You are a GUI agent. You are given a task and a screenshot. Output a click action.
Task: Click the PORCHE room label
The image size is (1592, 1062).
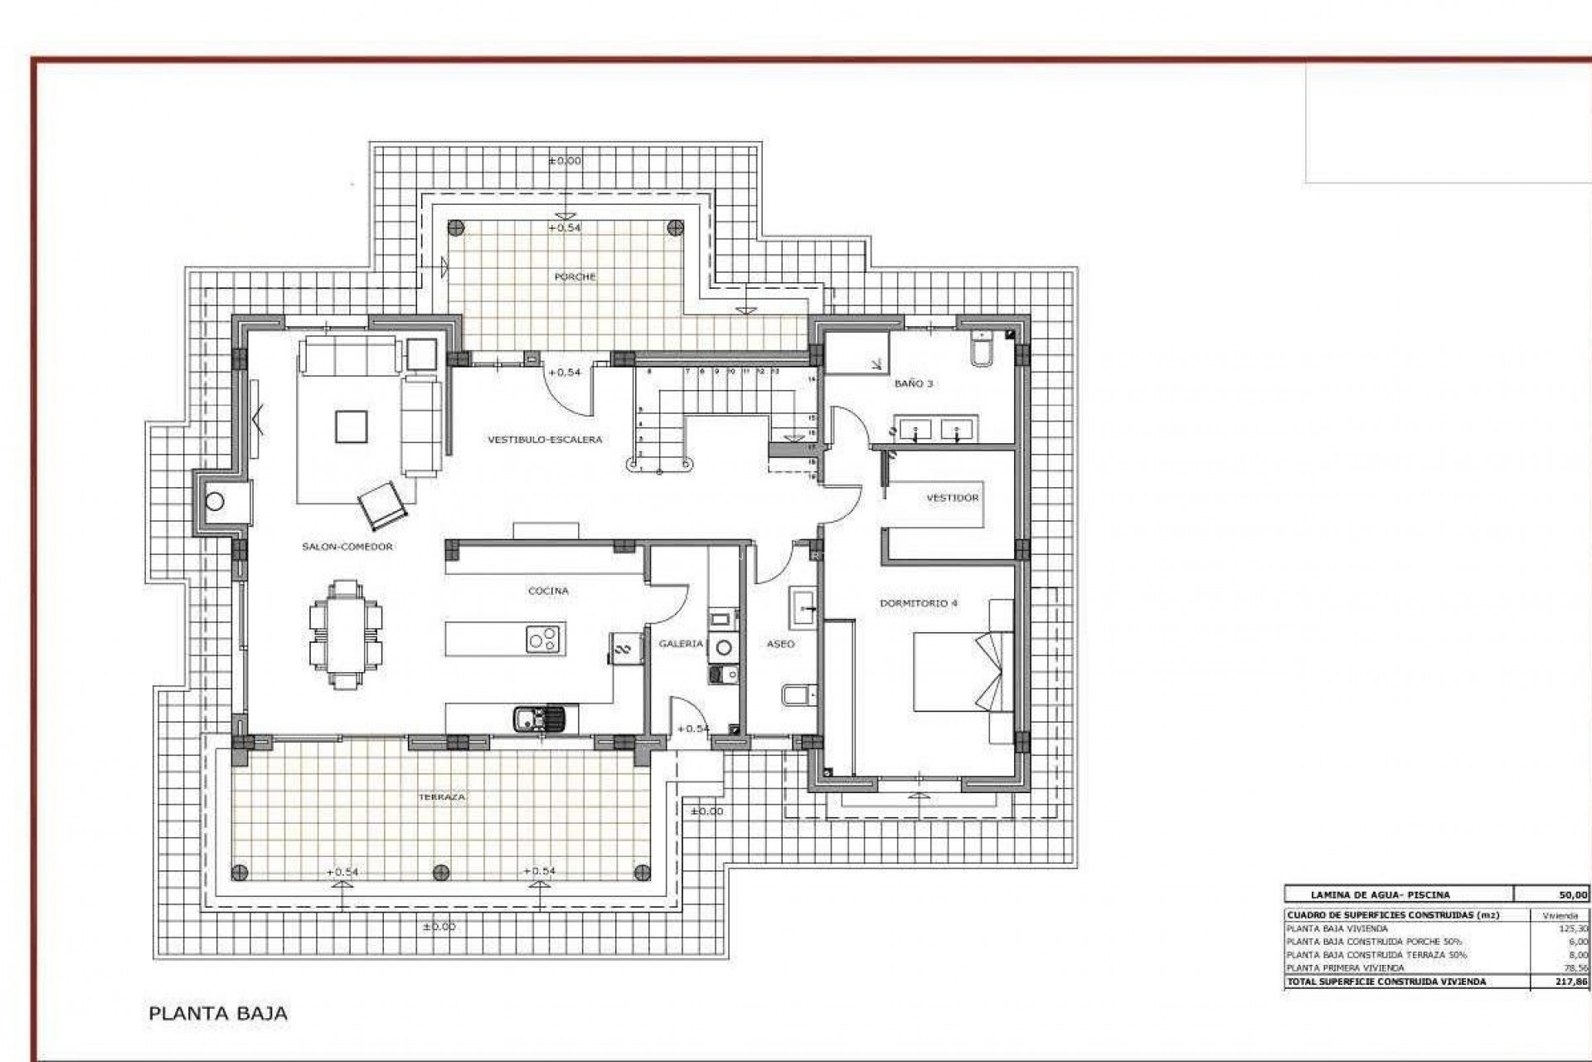click(x=575, y=277)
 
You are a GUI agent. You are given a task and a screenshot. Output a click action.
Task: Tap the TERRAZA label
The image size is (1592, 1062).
click(x=442, y=796)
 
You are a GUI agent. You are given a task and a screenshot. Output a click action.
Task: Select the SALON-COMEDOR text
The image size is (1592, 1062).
click(x=347, y=547)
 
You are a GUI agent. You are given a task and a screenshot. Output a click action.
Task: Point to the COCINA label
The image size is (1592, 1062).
click(x=548, y=591)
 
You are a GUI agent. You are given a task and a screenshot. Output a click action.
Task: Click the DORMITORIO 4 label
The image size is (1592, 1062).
click(x=918, y=603)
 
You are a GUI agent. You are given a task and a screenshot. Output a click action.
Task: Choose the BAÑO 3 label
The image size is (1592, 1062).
click(x=913, y=384)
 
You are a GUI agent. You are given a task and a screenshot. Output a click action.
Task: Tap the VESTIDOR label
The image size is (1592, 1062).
click(x=952, y=498)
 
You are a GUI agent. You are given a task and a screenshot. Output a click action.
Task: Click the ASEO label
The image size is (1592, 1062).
click(x=780, y=644)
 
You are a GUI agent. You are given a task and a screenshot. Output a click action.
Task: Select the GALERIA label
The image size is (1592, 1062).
click(x=681, y=644)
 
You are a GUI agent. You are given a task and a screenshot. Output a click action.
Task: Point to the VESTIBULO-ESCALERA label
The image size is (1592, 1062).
click(x=544, y=440)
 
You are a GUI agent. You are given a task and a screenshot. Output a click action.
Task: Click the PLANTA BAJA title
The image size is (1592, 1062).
click(x=218, y=1013)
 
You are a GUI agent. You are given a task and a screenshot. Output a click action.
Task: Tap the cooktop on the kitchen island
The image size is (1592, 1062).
click(x=544, y=639)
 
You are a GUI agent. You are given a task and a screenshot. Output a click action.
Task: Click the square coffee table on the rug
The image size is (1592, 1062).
click(x=348, y=427)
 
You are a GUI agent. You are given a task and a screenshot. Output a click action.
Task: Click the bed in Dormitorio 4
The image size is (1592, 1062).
click(x=962, y=672)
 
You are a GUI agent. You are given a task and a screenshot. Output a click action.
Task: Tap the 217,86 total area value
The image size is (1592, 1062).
click(x=1573, y=982)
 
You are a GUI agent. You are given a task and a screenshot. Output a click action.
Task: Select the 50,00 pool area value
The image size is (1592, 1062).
click(x=1574, y=894)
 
